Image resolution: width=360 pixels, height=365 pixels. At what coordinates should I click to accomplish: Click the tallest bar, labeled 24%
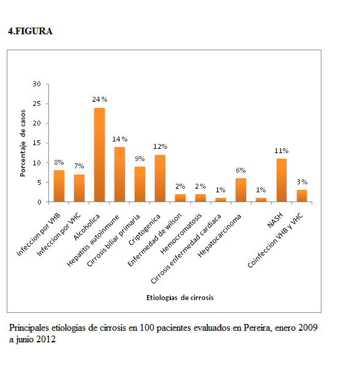tap(99, 154)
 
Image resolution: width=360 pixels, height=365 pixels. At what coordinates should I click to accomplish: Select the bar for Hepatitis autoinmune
tap(119, 174)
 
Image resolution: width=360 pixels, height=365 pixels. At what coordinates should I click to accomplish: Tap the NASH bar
tap(282, 180)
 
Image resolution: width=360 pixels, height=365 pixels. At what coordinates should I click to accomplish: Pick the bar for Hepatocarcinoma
tap(241, 190)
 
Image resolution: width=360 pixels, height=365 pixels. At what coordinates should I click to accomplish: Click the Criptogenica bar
tap(160, 178)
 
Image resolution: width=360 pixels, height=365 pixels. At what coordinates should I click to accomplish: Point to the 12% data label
tap(160, 146)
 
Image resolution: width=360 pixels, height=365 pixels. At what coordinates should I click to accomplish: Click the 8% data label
tap(59, 162)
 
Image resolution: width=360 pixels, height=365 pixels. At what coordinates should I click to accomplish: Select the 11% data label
tap(282, 151)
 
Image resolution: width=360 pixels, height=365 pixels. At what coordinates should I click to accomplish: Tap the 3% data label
tap(302, 182)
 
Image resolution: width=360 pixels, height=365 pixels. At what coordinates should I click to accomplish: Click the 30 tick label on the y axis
tap(37, 84)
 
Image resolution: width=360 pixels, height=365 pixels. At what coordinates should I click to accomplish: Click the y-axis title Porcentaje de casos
tap(23, 143)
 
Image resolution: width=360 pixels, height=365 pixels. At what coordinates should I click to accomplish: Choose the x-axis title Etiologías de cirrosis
tap(180, 298)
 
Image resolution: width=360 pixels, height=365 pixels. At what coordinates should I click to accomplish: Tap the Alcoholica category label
tap(86, 227)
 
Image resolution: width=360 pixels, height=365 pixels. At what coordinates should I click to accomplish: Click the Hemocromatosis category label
tap(181, 234)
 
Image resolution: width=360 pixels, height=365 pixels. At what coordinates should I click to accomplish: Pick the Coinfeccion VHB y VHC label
tap(276, 240)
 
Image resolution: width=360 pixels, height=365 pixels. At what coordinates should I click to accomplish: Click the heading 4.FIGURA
tap(30, 31)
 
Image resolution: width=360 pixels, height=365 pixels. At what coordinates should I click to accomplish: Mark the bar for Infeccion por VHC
tap(79, 188)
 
